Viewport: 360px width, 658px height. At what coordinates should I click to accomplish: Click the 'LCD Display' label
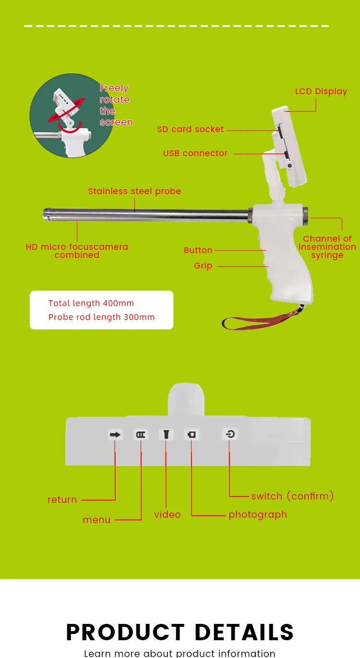[321, 91]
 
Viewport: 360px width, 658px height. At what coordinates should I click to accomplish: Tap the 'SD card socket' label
[191, 129]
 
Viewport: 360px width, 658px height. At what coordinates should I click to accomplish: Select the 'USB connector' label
[195, 153]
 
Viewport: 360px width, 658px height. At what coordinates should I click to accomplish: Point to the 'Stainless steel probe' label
[134, 191]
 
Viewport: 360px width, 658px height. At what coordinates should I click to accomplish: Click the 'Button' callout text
[198, 250]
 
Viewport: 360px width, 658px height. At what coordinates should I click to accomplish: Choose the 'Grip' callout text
[203, 266]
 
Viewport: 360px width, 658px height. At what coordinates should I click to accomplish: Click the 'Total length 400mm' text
[91, 303]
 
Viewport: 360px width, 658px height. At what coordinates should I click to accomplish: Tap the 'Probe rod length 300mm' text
[101, 317]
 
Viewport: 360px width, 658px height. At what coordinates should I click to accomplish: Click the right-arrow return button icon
[115, 435]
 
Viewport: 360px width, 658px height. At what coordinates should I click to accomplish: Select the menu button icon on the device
[141, 435]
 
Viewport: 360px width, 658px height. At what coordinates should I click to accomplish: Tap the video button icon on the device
[166, 435]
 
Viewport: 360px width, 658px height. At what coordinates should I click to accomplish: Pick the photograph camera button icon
[192, 435]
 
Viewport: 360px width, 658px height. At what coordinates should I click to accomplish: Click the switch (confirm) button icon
[230, 435]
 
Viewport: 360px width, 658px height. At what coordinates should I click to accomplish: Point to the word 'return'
[62, 500]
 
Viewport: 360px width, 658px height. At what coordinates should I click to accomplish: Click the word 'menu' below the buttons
[96, 520]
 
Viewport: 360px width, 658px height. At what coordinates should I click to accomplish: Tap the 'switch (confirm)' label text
[292, 496]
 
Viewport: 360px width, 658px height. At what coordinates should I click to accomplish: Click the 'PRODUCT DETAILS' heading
[180, 632]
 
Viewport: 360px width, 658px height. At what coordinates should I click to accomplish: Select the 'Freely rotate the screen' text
[115, 105]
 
